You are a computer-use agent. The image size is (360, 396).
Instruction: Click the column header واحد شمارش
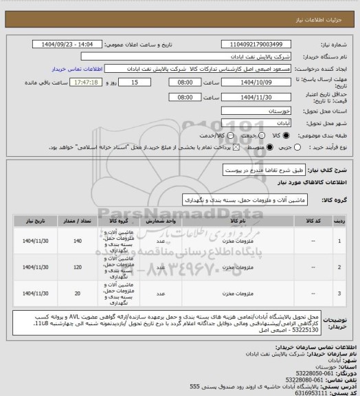point(161,221)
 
